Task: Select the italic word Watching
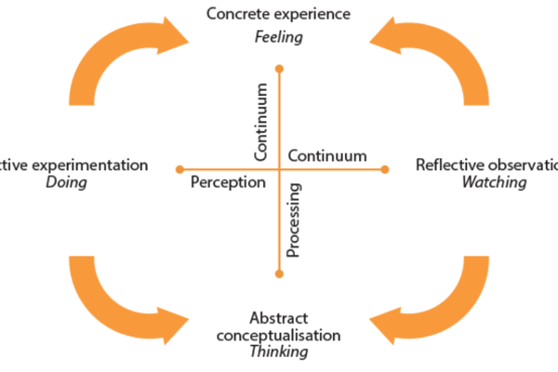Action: click(x=494, y=183)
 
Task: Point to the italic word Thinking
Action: click(x=278, y=352)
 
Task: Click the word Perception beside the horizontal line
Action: click(x=228, y=182)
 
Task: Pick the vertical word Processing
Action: click(x=292, y=219)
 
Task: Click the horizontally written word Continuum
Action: click(x=327, y=155)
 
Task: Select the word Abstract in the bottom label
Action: click(x=278, y=317)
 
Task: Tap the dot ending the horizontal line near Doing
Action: click(x=179, y=168)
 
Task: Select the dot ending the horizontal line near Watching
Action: click(x=384, y=168)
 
